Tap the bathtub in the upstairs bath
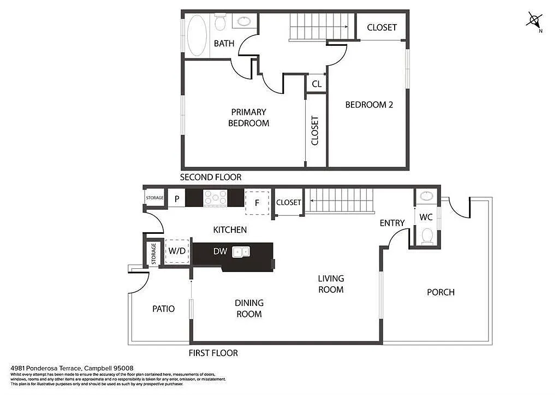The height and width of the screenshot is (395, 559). click(197, 35)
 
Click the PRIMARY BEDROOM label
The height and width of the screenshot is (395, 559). click(248, 117)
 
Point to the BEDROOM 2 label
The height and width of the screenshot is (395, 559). click(369, 104)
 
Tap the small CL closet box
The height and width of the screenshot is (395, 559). click(316, 85)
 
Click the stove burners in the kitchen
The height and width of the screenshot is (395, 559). click(215, 198)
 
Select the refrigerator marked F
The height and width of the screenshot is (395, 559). click(257, 202)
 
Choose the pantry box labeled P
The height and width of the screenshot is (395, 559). click(176, 199)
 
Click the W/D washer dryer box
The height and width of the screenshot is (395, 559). click(177, 251)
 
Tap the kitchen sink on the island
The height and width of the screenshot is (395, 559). click(241, 251)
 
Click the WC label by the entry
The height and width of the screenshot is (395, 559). click(426, 217)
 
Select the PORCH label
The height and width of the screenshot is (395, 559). click(440, 292)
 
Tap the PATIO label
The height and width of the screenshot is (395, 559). click(163, 309)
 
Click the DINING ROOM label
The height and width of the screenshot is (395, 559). click(249, 308)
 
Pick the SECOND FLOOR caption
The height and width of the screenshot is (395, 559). click(211, 177)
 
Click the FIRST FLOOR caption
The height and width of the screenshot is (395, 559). click(213, 353)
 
